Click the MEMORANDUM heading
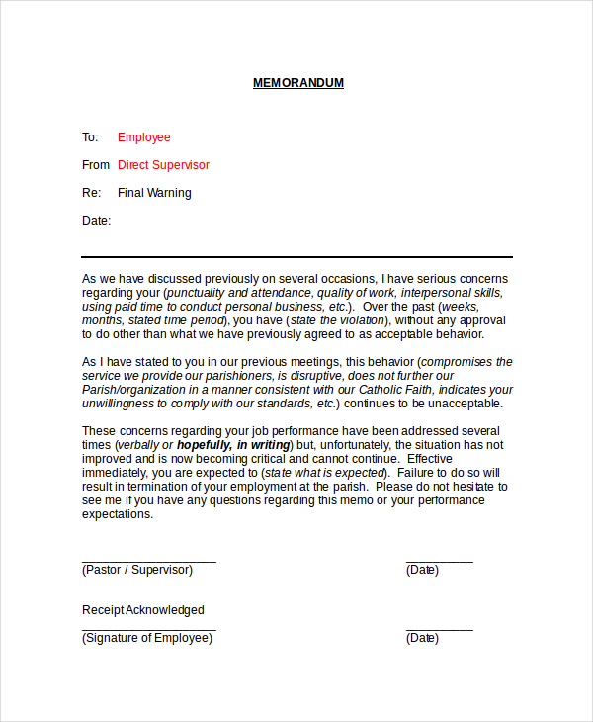click(x=298, y=83)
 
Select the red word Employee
click(x=143, y=137)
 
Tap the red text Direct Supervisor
click(x=163, y=165)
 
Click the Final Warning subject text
click(x=154, y=193)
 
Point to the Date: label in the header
click(x=96, y=221)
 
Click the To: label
click(x=90, y=137)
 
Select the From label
click(x=96, y=165)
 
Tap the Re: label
click(x=91, y=193)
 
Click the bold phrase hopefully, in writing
click(x=233, y=445)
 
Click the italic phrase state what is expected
click(x=322, y=473)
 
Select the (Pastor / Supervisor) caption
click(x=136, y=570)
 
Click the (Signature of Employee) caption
click(x=146, y=638)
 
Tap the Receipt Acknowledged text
click(x=142, y=610)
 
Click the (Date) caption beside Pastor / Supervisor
click(x=422, y=570)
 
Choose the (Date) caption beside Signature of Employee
click(x=422, y=638)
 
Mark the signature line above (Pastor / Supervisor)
click(x=148, y=561)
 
